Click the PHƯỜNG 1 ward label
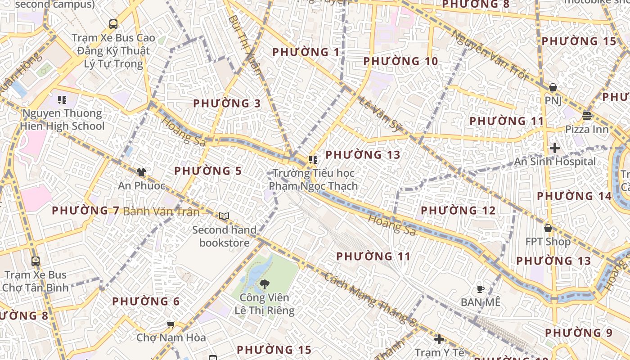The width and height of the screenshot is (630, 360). (306, 52)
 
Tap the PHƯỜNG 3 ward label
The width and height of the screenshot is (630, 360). (227, 103)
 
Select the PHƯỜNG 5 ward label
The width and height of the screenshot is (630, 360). (208, 171)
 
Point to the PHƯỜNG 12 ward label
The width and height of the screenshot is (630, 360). (458, 211)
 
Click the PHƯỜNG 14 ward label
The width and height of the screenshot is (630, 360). (574, 196)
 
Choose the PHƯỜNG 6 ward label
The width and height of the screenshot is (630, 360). (146, 301)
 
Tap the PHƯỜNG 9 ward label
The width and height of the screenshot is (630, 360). (579, 333)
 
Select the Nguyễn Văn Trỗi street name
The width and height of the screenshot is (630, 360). (489, 54)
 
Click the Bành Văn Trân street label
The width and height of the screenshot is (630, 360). (161, 211)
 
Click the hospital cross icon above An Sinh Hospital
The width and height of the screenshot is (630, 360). (555, 148)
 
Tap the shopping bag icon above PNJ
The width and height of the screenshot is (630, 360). (553, 87)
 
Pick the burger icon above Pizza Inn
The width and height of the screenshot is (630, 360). (586, 116)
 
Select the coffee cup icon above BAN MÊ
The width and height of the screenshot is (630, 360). (481, 289)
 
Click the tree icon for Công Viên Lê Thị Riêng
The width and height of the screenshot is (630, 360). (265, 284)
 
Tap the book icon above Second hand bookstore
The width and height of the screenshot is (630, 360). (224, 216)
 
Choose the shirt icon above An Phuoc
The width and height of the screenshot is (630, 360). (141, 172)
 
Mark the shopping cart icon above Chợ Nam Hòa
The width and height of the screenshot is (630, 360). (171, 324)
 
